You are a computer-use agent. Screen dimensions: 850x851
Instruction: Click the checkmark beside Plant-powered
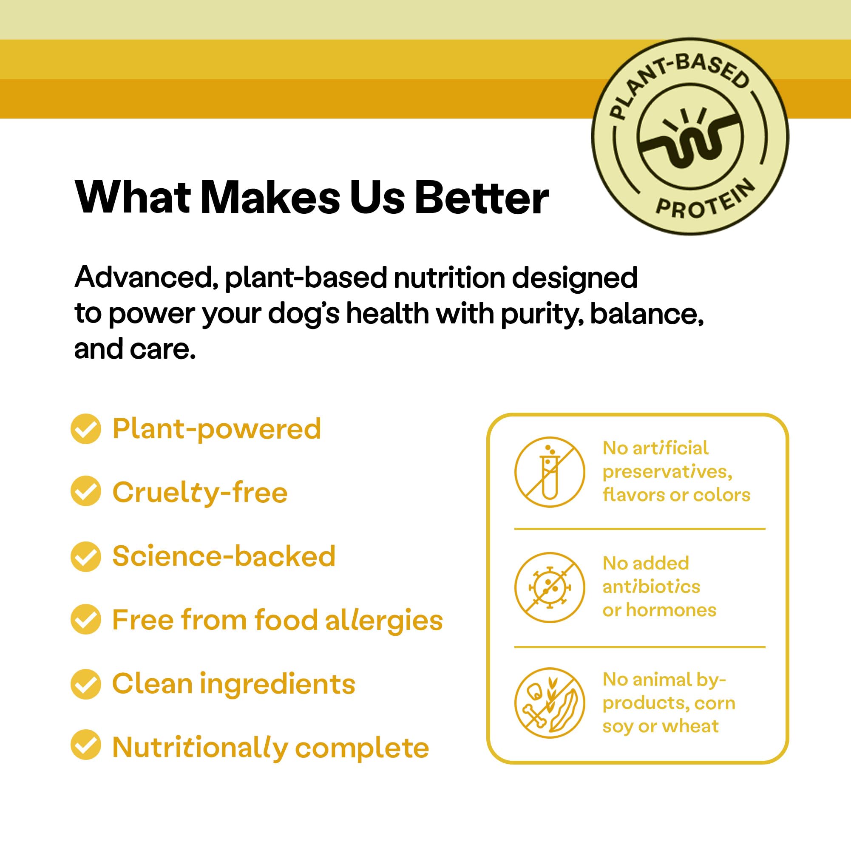(x=86, y=428)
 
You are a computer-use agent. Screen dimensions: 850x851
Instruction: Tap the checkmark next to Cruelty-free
(x=86, y=491)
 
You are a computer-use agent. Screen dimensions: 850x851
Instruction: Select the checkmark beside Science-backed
(x=86, y=556)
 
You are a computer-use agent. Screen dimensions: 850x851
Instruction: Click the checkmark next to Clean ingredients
(x=86, y=684)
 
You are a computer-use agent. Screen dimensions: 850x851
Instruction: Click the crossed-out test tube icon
(x=550, y=472)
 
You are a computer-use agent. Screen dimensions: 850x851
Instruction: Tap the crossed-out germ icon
(x=550, y=587)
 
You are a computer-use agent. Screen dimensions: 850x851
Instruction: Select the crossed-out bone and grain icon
(x=550, y=703)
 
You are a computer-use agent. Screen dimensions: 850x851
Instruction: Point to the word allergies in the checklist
(x=384, y=620)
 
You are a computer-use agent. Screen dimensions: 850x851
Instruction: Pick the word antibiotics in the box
(x=651, y=586)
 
